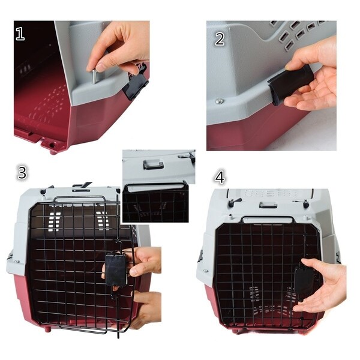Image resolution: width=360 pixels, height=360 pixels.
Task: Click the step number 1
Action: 20,34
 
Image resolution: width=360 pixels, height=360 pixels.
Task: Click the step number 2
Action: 220,39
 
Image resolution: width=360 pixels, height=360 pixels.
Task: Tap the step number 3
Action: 22,173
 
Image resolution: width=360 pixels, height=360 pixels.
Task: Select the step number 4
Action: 220,178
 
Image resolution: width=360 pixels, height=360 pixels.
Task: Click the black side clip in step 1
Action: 136,83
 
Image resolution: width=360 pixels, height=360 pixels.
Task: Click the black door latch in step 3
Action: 115,269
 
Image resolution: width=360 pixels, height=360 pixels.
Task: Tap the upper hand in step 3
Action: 144,261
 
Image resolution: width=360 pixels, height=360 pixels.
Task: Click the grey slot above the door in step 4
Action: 268,204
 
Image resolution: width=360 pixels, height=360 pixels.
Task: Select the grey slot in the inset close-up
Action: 153,164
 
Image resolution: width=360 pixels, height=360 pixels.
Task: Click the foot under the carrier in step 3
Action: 47,329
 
